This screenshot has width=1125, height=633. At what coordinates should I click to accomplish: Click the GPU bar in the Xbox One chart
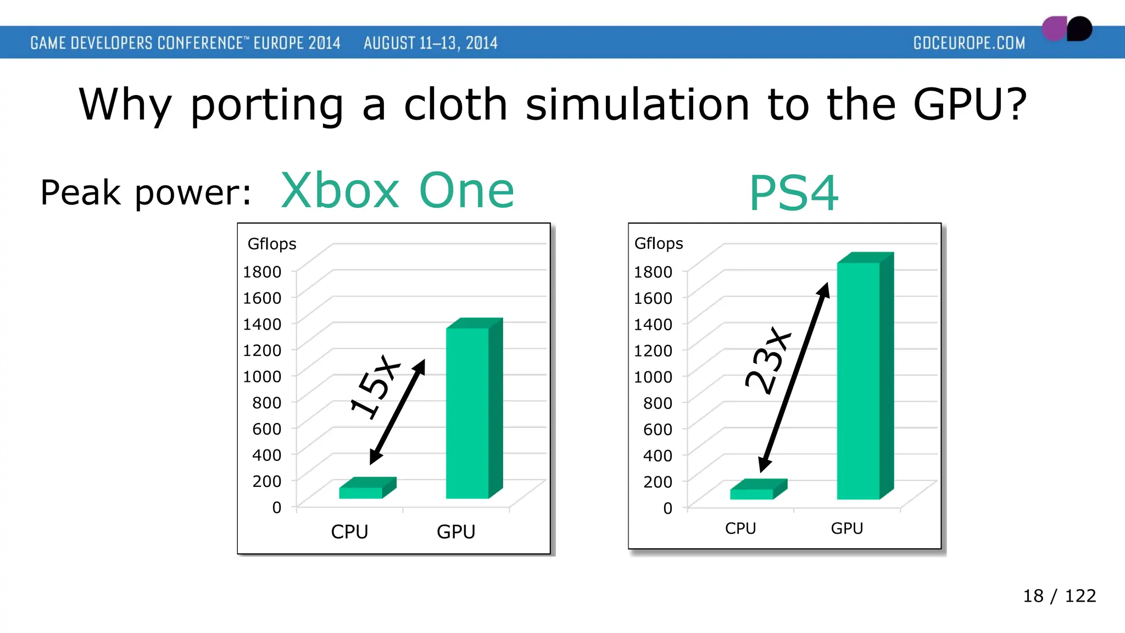[x=468, y=412]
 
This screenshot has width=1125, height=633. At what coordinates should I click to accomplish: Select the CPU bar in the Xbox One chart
[x=361, y=492]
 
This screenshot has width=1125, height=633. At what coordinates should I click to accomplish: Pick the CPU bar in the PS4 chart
[x=752, y=493]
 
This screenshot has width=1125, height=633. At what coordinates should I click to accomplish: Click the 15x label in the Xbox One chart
[x=375, y=387]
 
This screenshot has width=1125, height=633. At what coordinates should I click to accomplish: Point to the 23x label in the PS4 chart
[x=768, y=361]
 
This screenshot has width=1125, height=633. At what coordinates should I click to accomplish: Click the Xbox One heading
[x=397, y=191]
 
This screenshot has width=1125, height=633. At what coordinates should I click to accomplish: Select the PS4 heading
[x=794, y=193]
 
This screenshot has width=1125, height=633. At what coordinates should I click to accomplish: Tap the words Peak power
[x=146, y=193]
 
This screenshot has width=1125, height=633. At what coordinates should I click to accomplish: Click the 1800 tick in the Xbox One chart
[x=262, y=271]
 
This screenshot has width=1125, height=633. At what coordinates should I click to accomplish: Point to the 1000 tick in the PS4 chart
[x=653, y=377]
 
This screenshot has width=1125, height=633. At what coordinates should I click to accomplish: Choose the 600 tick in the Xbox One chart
[x=266, y=429]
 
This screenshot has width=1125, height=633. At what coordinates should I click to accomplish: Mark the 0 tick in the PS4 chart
[x=667, y=508]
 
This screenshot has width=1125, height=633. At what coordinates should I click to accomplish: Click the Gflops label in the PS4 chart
[x=658, y=243]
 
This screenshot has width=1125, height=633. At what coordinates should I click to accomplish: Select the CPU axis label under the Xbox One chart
[x=349, y=532]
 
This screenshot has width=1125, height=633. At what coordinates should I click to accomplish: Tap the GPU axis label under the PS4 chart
[x=846, y=529]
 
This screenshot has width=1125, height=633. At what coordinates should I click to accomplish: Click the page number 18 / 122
[x=1059, y=596]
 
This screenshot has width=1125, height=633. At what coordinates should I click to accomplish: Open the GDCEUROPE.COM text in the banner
[x=969, y=43]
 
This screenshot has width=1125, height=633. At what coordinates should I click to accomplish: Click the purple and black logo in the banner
[x=1067, y=29]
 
